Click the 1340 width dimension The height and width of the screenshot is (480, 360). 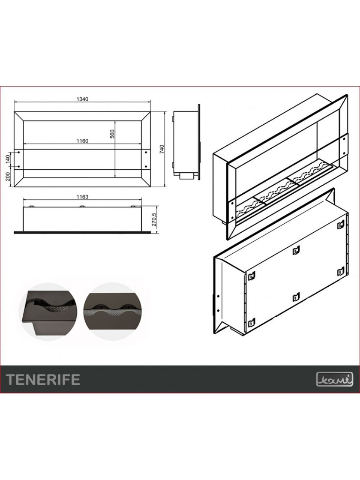(x=82, y=99)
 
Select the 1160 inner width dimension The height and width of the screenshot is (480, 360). (x=82, y=141)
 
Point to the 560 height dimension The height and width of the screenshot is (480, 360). (x=112, y=135)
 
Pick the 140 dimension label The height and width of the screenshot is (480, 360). (x=8, y=159)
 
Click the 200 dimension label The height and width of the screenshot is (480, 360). (x=8, y=176)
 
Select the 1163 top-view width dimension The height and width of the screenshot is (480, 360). (x=82, y=197)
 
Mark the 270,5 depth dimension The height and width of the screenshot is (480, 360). (x=154, y=219)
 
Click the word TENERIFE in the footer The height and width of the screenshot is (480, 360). (x=43, y=379)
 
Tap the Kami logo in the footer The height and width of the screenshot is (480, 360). (x=335, y=379)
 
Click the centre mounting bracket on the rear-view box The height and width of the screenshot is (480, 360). (x=295, y=250)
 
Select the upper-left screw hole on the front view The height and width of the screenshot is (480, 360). (x=19, y=152)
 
